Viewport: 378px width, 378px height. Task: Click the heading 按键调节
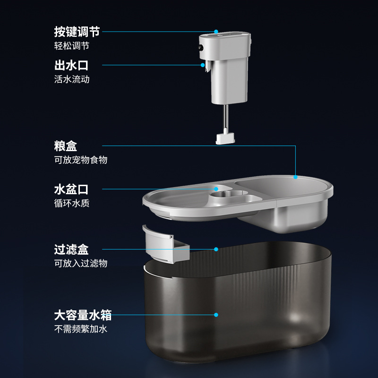[x=77, y=32]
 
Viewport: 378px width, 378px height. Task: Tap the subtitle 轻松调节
[x=72, y=46]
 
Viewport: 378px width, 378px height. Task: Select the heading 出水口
[x=71, y=65]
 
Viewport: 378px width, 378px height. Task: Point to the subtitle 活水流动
[x=72, y=79]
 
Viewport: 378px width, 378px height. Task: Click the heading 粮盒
[x=66, y=146]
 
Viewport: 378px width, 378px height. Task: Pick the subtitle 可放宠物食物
[x=81, y=160]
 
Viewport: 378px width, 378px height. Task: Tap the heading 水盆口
[x=71, y=190]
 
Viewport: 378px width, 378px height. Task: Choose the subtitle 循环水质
[x=72, y=204]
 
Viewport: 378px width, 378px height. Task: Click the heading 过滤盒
[x=71, y=249]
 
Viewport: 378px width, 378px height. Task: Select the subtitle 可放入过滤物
[x=81, y=263]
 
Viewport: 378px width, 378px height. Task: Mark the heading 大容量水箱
[x=83, y=315]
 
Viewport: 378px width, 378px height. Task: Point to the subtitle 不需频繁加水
[x=81, y=328]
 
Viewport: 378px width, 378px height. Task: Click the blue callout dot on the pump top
[x=216, y=32]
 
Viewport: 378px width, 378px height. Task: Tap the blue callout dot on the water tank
[x=216, y=314]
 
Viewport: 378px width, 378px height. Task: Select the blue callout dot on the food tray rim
[x=296, y=177]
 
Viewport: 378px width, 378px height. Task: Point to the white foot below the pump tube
[x=226, y=138]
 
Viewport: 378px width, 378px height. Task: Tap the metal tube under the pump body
[x=226, y=118]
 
